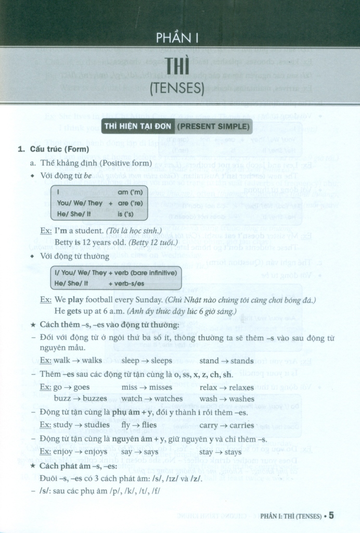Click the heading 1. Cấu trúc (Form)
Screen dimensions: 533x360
click(x=54, y=150)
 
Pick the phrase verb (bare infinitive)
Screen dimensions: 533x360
click(x=149, y=273)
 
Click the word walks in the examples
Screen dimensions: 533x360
click(x=92, y=361)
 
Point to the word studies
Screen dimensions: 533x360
click(x=95, y=425)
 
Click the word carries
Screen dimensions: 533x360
click(x=240, y=425)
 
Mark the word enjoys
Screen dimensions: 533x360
click(x=94, y=452)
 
